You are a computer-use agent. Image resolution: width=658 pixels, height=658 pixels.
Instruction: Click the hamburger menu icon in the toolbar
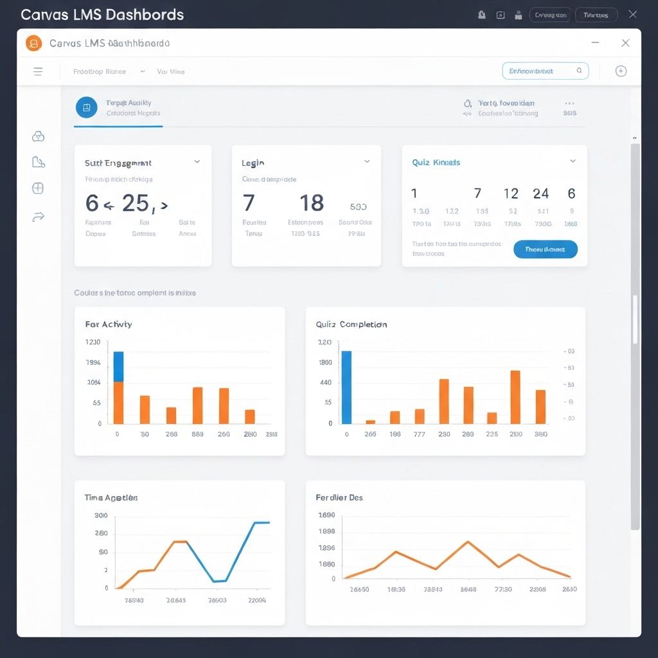pyautogui.click(x=38, y=71)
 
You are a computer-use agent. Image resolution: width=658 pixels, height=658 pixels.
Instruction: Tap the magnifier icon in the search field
pyautogui.click(x=579, y=71)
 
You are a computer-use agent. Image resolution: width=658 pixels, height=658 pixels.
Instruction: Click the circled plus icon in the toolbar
pyautogui.click(x=621, y=71)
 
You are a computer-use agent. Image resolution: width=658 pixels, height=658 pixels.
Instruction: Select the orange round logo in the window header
pyautogui.click(x=33, y=43)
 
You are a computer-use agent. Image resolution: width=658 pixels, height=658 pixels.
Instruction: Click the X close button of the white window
pyautogui.click(x=625, y=43)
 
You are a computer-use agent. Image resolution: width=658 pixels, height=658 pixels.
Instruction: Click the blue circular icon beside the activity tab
pyautogui.click(x=87, y=107)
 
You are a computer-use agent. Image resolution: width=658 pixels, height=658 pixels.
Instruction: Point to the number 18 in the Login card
pyautogui.click(x=312, y=203)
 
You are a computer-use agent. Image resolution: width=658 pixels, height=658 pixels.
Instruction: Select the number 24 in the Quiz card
pyautogui.click(x=540, y=193)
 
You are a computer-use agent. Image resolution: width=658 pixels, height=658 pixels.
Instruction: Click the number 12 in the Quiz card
pyautogui.click(x=511, y=193)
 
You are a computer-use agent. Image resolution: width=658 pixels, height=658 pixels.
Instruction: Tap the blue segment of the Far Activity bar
pyautogui.click(x=118, y=366)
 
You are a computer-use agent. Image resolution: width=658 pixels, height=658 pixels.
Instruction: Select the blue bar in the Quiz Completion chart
pyautogui.click(x=346, y=387)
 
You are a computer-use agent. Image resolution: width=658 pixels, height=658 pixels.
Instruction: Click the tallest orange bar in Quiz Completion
pyautogui.click(x=515, y=396)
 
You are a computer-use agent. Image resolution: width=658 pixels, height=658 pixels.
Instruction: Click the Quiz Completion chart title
pyautogui.click(x=351, y=325)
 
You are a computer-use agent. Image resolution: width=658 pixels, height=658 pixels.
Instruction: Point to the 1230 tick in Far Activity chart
pyautogui.click(x=93, y=342)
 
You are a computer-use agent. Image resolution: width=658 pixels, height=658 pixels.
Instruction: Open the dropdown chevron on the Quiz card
pyautogui.click(x=573, y=162)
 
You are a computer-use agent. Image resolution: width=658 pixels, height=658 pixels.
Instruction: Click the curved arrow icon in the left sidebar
pyautogui.click(x=38, y=217)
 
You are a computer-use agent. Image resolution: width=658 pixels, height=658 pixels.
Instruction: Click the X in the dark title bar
pyautogui.click(x=632, y=14)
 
